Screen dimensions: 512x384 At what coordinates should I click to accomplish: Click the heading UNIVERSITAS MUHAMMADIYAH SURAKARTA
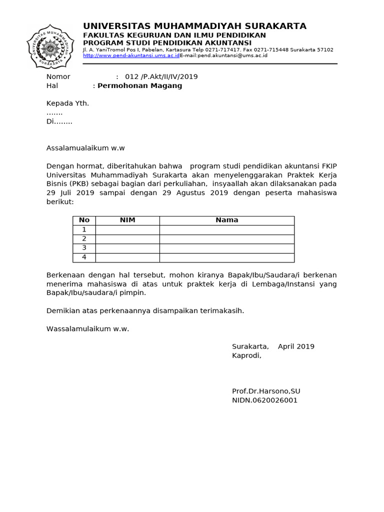[194, 26]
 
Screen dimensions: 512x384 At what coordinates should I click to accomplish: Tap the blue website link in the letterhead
[131, 55]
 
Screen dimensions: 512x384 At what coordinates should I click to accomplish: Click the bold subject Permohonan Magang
[139, 85]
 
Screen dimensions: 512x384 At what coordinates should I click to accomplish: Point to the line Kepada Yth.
[67, 103]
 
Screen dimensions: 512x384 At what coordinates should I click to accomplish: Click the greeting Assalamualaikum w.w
[85, 147]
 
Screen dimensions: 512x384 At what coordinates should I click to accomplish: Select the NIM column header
[127, 220]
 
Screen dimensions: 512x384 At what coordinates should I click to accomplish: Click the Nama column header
[226, 220]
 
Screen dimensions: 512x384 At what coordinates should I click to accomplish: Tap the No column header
[84, 220]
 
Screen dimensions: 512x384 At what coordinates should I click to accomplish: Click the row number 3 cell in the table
[84, 248]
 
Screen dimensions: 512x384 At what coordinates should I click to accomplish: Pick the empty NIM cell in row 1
[127, 229]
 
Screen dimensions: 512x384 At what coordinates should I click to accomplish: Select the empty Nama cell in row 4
[226, 257]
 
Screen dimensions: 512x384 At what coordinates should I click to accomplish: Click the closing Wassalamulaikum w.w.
[87, 328]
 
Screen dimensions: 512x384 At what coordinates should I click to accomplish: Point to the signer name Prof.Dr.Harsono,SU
[266, 391]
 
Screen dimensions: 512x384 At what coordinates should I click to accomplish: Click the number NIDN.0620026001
[264, 400]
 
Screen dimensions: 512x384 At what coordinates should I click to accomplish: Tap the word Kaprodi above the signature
[246, 355]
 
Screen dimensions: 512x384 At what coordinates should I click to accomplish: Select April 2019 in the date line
[296, 346]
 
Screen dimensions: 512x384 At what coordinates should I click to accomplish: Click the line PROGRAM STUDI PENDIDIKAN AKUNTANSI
[167, 43]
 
